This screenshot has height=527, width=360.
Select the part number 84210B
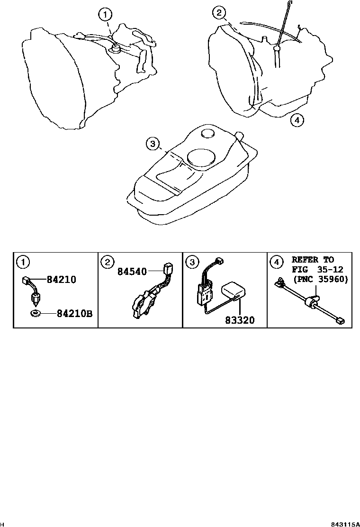74,313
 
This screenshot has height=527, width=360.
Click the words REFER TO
312,260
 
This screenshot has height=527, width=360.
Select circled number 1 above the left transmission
105,15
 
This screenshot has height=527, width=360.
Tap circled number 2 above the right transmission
218,13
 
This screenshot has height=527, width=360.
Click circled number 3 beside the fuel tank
152,144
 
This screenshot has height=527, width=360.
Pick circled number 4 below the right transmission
296,120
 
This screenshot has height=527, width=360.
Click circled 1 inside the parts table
22,261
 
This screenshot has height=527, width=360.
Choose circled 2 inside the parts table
107,261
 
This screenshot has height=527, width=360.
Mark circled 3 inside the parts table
191,261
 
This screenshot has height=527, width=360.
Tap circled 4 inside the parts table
276,261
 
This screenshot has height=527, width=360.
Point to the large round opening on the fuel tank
201,156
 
